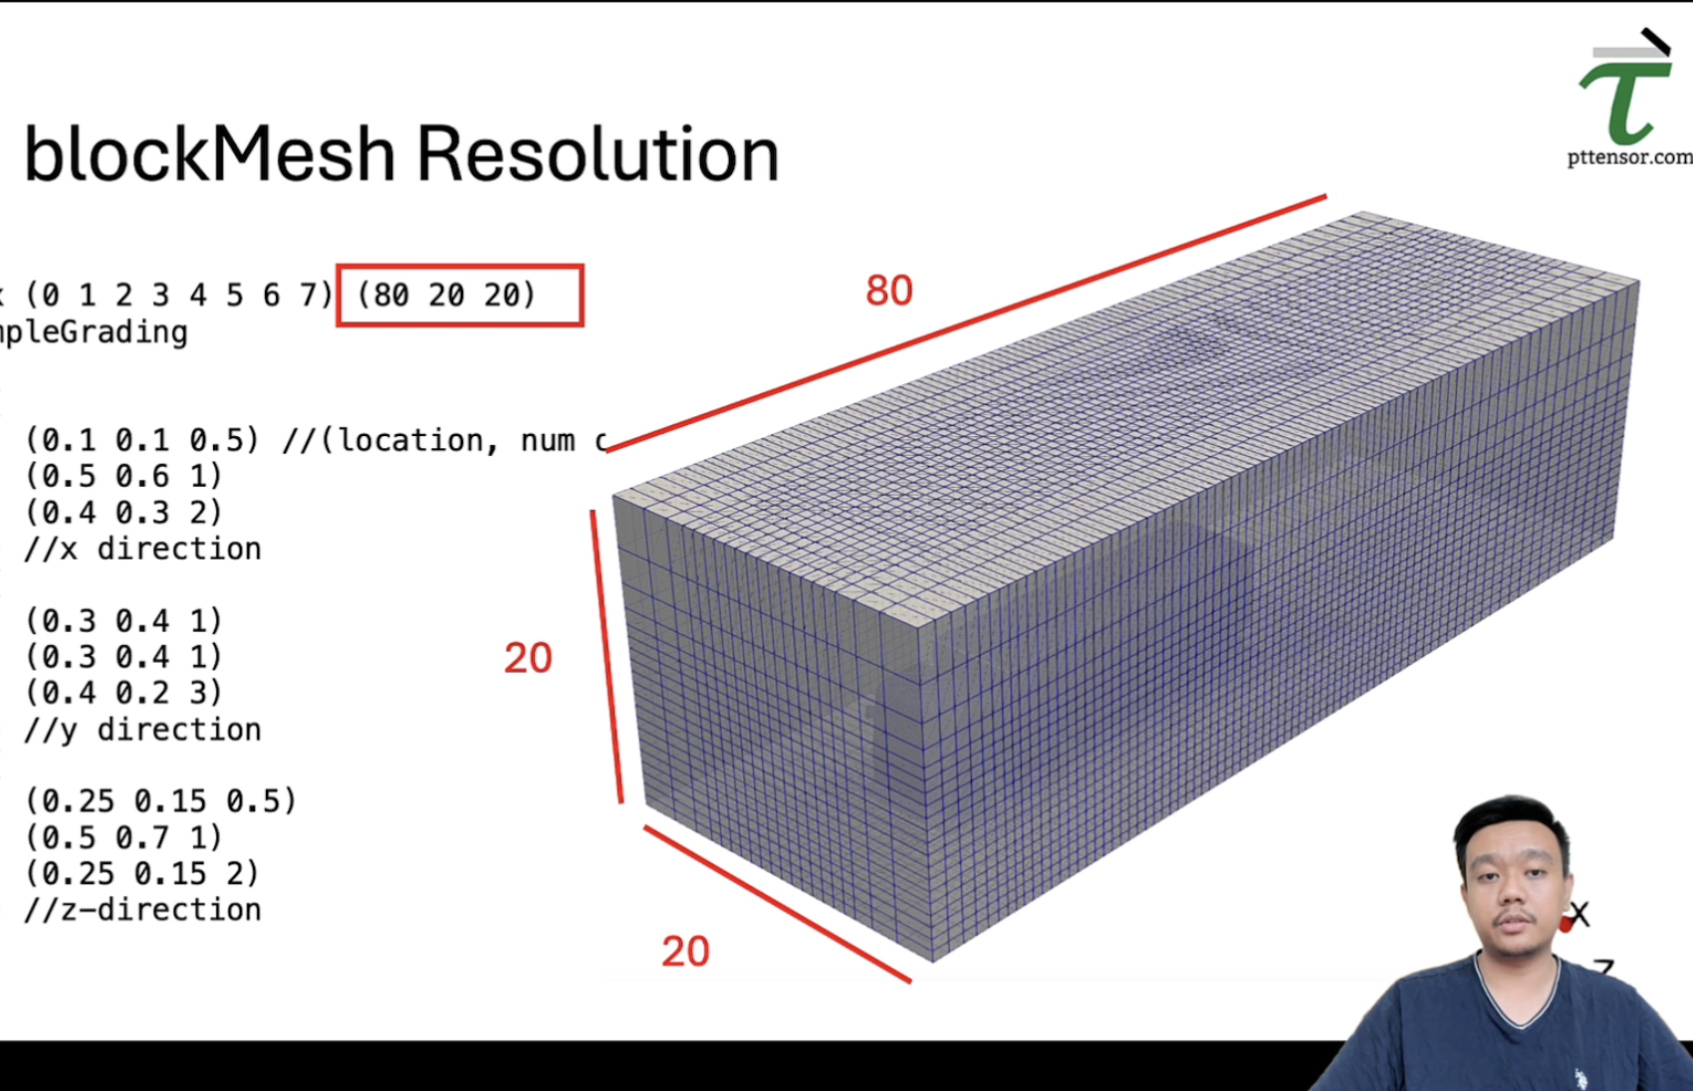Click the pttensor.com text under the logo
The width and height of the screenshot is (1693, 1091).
point(1629,157)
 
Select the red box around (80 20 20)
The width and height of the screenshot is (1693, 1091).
point(460,295)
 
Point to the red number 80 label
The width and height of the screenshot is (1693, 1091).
point(888,291)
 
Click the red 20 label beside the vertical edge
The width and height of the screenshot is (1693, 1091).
point(528,658)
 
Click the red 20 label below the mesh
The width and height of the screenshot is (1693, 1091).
point(685,952)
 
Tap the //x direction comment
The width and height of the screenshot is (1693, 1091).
point(143,548)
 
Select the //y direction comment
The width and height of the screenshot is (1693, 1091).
point(143,730)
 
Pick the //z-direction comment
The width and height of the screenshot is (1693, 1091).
point(143,910)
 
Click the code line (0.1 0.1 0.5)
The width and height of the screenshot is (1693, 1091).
point(142,440)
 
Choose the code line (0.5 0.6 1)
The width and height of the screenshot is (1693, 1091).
point(123,476)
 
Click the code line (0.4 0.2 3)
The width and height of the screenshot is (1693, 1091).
point(123,693)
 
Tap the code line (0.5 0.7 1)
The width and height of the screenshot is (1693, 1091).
point(123,837)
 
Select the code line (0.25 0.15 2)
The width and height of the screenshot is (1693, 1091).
point(142,873)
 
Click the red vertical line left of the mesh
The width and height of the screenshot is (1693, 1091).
point(606,657)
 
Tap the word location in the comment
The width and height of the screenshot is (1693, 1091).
point(410,440)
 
